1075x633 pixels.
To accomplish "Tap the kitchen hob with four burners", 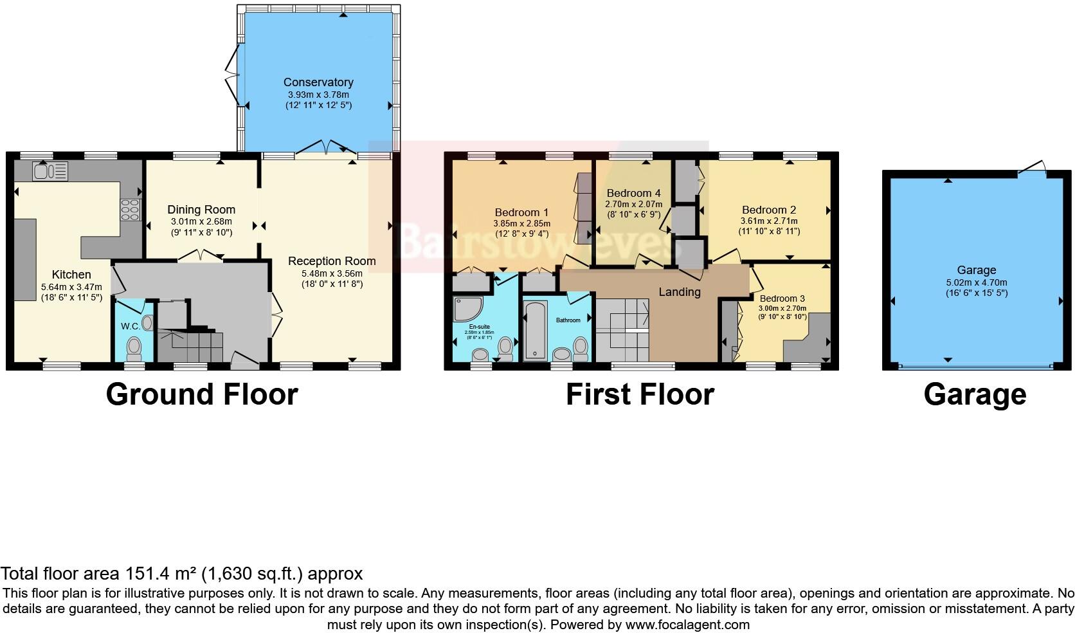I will click(131, 210).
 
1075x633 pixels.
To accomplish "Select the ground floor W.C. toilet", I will click(134, 348).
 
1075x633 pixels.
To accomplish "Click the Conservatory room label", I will click(318, 82).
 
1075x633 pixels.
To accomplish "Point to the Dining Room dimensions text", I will click(201, 227).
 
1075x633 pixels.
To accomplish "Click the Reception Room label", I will click(332, 261).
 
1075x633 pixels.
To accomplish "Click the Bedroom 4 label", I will click(633, 193).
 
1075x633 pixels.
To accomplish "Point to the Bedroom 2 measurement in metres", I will click(768, 221).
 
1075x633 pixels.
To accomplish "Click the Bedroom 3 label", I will click(782, 298).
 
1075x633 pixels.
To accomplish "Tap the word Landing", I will click(679, 292).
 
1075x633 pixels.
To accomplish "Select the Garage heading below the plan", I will click(975, 394).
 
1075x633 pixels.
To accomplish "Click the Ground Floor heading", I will click(202, 394).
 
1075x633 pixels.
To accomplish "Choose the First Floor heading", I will click(640, 394).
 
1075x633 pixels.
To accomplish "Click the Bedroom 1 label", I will click(521, 212).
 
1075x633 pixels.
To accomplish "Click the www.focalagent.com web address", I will click(687, 625).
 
